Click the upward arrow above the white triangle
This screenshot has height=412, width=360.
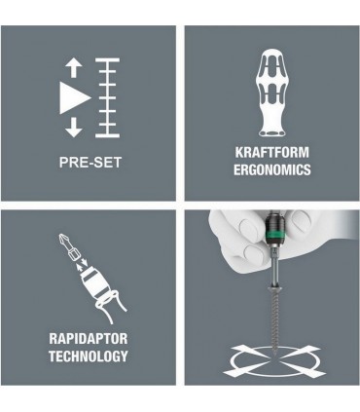70,68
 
